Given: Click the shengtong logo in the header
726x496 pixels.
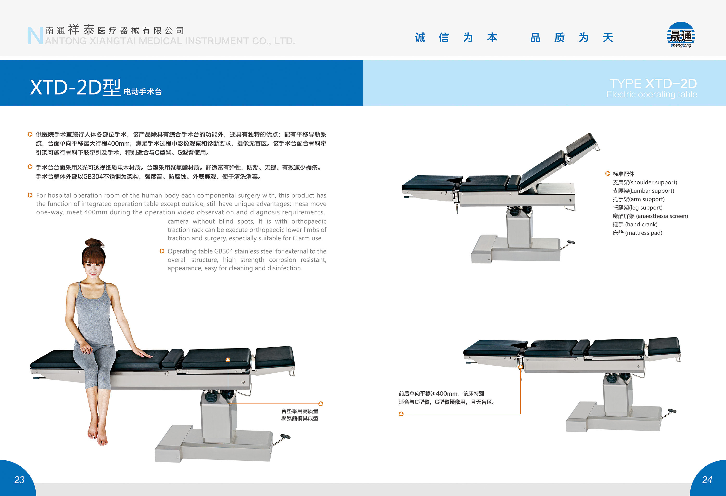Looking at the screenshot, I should tap(681, 35).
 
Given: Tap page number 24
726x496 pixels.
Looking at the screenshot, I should tap(707, 479).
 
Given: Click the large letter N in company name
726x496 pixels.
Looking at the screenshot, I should tap(35, 36).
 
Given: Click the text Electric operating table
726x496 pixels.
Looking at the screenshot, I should tap(651, 94).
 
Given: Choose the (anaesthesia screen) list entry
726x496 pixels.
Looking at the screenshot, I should tap(650, 216).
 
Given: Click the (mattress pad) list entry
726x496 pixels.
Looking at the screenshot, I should tap(637, 233).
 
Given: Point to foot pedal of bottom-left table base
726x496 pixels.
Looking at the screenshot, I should tap(285, 436).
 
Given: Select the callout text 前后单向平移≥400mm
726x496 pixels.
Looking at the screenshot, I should tap(441, 394).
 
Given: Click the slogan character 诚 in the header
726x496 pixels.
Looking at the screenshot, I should tap(420, 38).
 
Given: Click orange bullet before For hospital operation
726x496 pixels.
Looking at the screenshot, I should tap(30, 195).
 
